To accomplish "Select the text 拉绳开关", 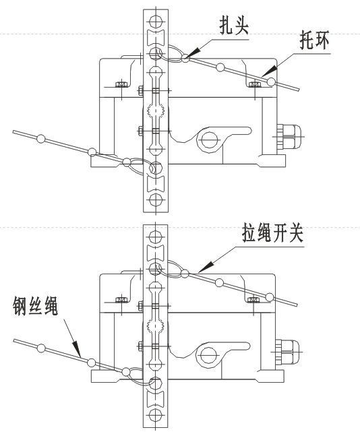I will [x=270, y=235].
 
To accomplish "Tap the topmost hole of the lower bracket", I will [x=156, y=236].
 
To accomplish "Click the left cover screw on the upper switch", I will [x=121, y=84].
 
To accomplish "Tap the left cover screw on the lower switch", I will [x=121, y=299].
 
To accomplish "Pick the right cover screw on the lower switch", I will [x=253, y=299].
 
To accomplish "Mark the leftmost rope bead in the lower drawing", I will [x=41, y=349].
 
